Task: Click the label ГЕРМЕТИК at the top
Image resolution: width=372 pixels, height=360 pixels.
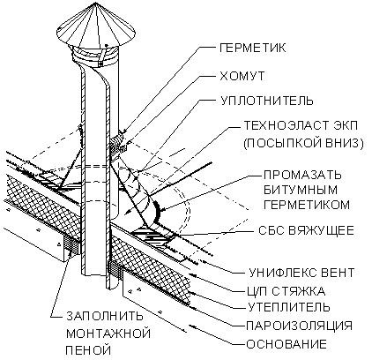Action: [252, 48]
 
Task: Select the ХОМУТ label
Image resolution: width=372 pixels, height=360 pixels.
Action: [242, 76]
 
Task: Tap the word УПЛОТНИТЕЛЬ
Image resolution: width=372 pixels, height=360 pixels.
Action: [267, 101]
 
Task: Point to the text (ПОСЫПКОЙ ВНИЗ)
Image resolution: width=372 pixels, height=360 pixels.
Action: [303, 143]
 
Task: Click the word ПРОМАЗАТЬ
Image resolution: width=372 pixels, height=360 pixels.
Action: [302, 175]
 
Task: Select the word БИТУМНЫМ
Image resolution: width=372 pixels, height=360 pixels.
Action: [301, 190]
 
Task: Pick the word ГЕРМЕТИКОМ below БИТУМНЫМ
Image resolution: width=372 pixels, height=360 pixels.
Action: [307, 205]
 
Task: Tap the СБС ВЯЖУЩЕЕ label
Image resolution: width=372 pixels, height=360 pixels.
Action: [306, 230]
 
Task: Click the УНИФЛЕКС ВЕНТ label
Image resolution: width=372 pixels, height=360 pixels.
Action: [301, 273]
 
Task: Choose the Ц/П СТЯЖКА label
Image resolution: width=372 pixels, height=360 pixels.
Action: [286, 291]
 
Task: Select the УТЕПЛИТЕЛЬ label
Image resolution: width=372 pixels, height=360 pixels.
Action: [289, 307]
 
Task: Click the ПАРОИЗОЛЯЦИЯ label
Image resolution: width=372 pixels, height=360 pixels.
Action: [299, 326]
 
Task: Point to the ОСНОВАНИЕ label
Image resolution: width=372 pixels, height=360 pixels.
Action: [286, 343]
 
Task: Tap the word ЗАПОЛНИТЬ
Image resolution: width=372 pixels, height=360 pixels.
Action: [105, 316]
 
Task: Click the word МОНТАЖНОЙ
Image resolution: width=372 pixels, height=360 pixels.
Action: [108, 334]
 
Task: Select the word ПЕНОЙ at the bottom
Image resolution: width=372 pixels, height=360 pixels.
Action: [88, 350]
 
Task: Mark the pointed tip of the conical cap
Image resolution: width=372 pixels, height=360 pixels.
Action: [96, 3]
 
